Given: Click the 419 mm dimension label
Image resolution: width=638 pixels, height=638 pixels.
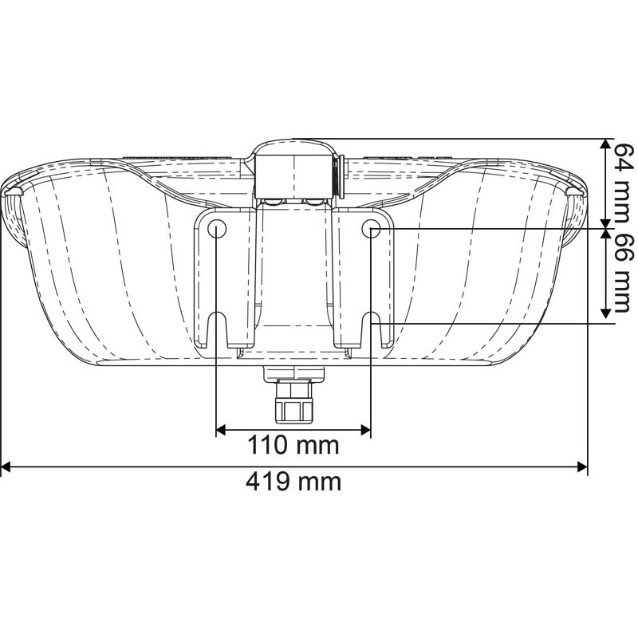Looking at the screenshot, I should [x=293, y=482].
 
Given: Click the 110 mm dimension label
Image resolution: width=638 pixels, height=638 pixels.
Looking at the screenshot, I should [x=293, y=444].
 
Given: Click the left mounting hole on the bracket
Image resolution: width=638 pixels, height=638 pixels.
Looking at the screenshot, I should [x=217, y=230].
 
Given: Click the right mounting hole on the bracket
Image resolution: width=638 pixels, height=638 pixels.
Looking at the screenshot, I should [x=371, y=230].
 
